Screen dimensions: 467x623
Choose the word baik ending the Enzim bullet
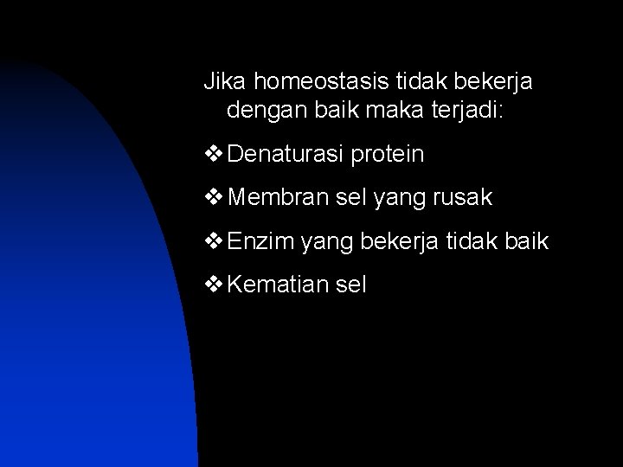click(527, 241)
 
